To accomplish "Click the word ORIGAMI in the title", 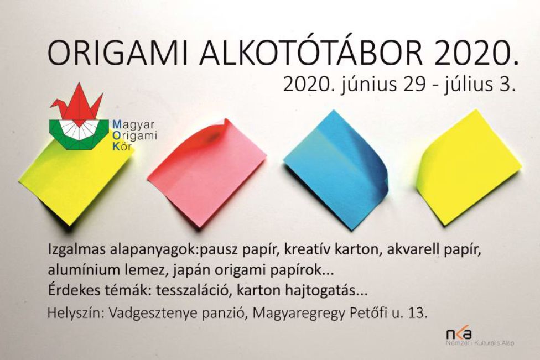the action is point(117,54).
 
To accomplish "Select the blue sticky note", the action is point(336,170).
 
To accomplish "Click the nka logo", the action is point(459,333).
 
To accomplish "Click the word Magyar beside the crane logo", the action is point(134,124).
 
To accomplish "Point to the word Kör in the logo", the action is point(122,147).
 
